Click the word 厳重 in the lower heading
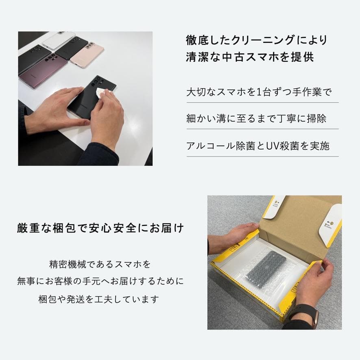click(28, 228)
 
